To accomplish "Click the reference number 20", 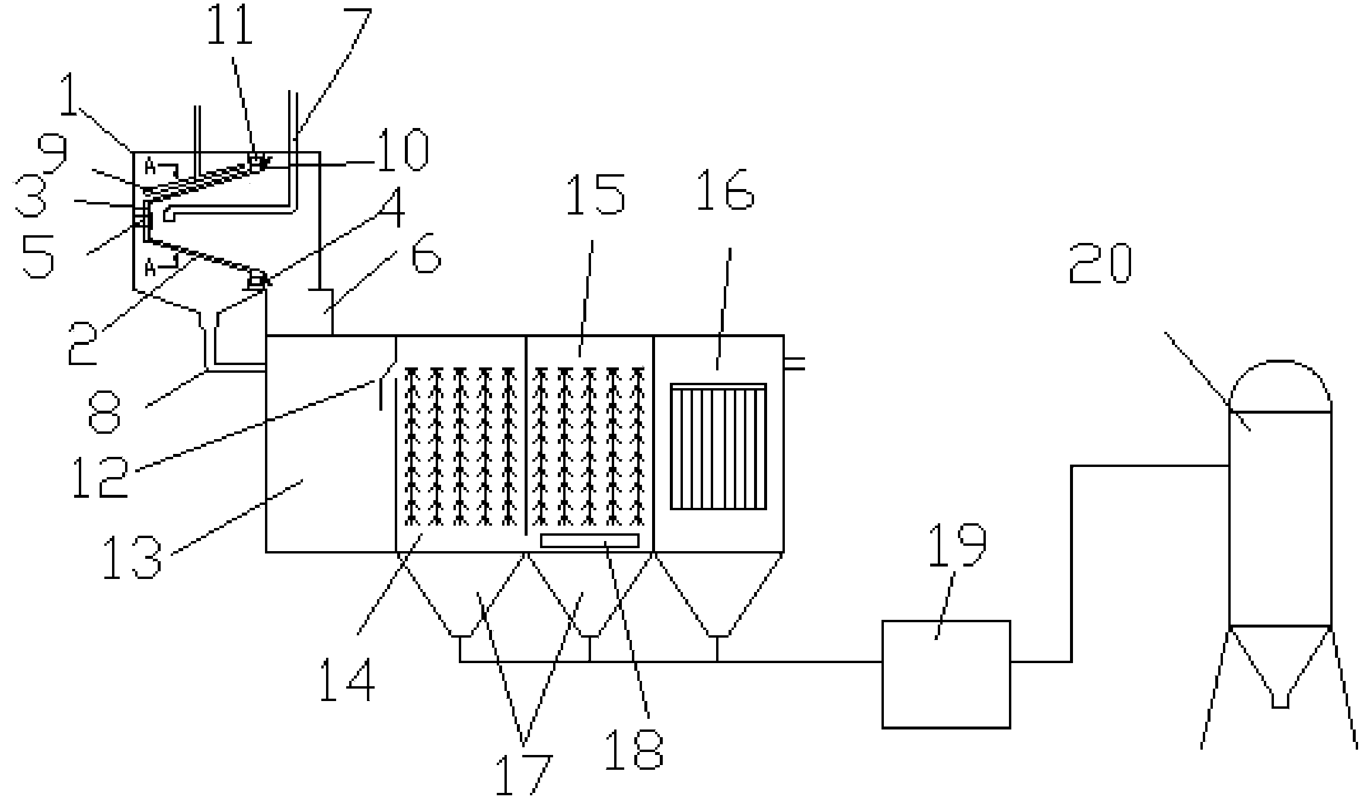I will [1100, 265].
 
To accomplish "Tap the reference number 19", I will [957, 546].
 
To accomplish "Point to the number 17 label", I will [523, 775].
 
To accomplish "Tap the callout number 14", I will [347, 680].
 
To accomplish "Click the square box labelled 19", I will [946, 674].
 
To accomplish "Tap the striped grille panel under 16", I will [718, 446].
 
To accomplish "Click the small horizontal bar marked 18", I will [590, 540].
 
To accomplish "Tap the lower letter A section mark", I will [150, 269].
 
